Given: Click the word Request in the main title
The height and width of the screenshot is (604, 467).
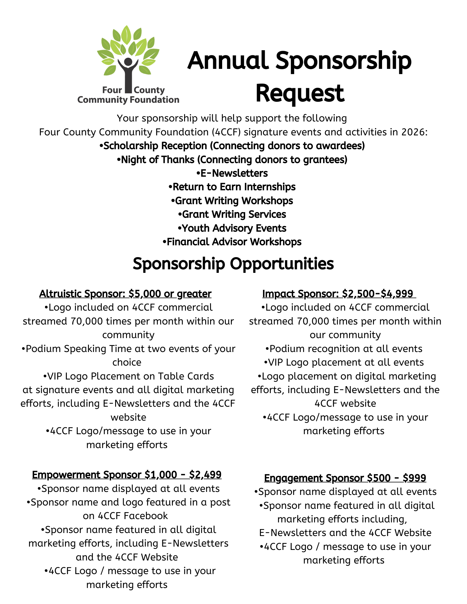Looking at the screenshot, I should click(x=300, y=93).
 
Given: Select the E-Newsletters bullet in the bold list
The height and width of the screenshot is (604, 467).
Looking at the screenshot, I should click(x=232, y=173).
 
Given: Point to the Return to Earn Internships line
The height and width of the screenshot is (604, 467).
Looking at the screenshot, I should click(x=232, y=187).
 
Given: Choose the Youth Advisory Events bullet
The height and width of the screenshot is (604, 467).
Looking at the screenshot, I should click(x=232, y=228).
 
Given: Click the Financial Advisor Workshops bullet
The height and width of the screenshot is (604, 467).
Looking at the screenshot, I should click(x=232, y=242).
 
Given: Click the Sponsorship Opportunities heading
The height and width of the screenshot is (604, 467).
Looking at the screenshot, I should click(x=233, y=263).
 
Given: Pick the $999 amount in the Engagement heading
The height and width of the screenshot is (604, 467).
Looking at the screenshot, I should click(x=414, y=478).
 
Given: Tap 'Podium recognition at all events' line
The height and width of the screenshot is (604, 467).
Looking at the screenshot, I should click(x=344, y=349).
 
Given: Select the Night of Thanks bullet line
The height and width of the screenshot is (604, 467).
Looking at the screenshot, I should click(x=232, y=160).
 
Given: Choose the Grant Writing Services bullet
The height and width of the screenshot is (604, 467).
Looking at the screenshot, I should click(x=232, y=214).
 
